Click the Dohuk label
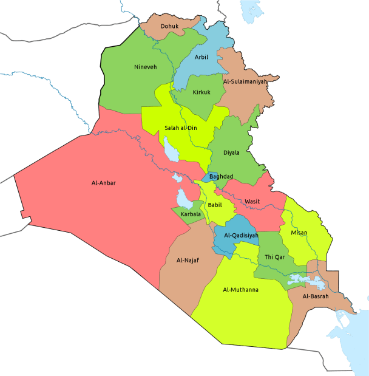tap(169, 26)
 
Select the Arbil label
tap(201, 57)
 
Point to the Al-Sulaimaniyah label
tap(245, 81)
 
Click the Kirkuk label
tap(201, 92)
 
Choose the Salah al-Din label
tap(181, 128)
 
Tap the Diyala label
tap(231, 152)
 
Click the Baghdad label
tap(221, 176)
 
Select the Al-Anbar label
tap(104, 182)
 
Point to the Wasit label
tap(252, 201)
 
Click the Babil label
tap(215, 205)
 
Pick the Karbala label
tap(191, 214)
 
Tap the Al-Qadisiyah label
tap(241, 236)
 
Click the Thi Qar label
tap(274, 257)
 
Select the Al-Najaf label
tap(188, 261)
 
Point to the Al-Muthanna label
tap(241, 290)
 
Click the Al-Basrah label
tap(316, 296)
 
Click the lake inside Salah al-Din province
tap(171, 148)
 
